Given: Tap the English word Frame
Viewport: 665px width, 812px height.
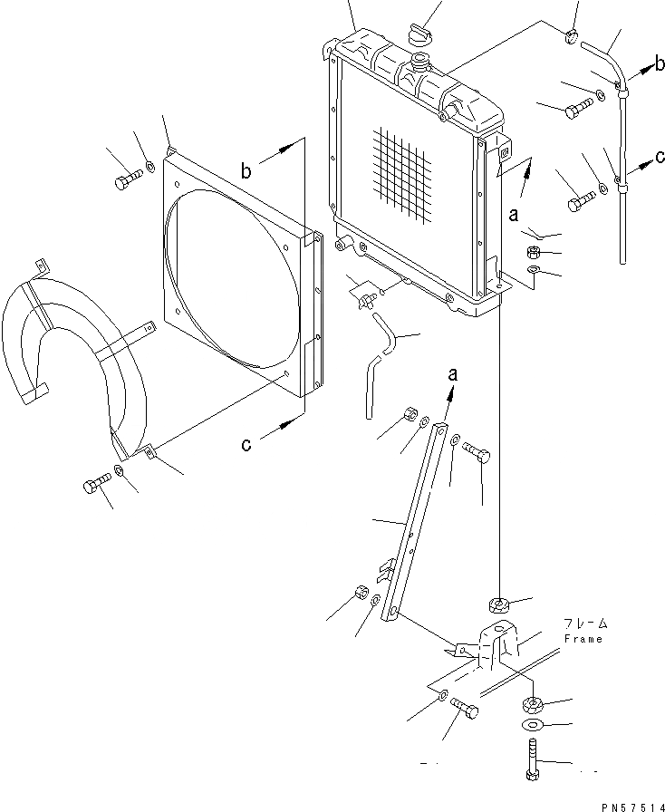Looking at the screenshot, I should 583,638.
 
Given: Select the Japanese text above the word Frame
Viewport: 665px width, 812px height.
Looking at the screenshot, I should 584,623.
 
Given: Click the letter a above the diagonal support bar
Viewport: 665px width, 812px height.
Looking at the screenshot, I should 450,373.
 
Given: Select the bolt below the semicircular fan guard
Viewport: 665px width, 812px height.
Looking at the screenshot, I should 92,487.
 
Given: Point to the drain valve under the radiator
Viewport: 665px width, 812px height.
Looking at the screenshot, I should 367,295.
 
